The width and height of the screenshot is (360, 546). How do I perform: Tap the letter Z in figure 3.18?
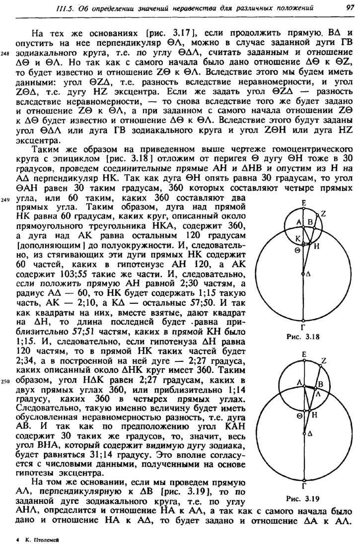tap(323, 200)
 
